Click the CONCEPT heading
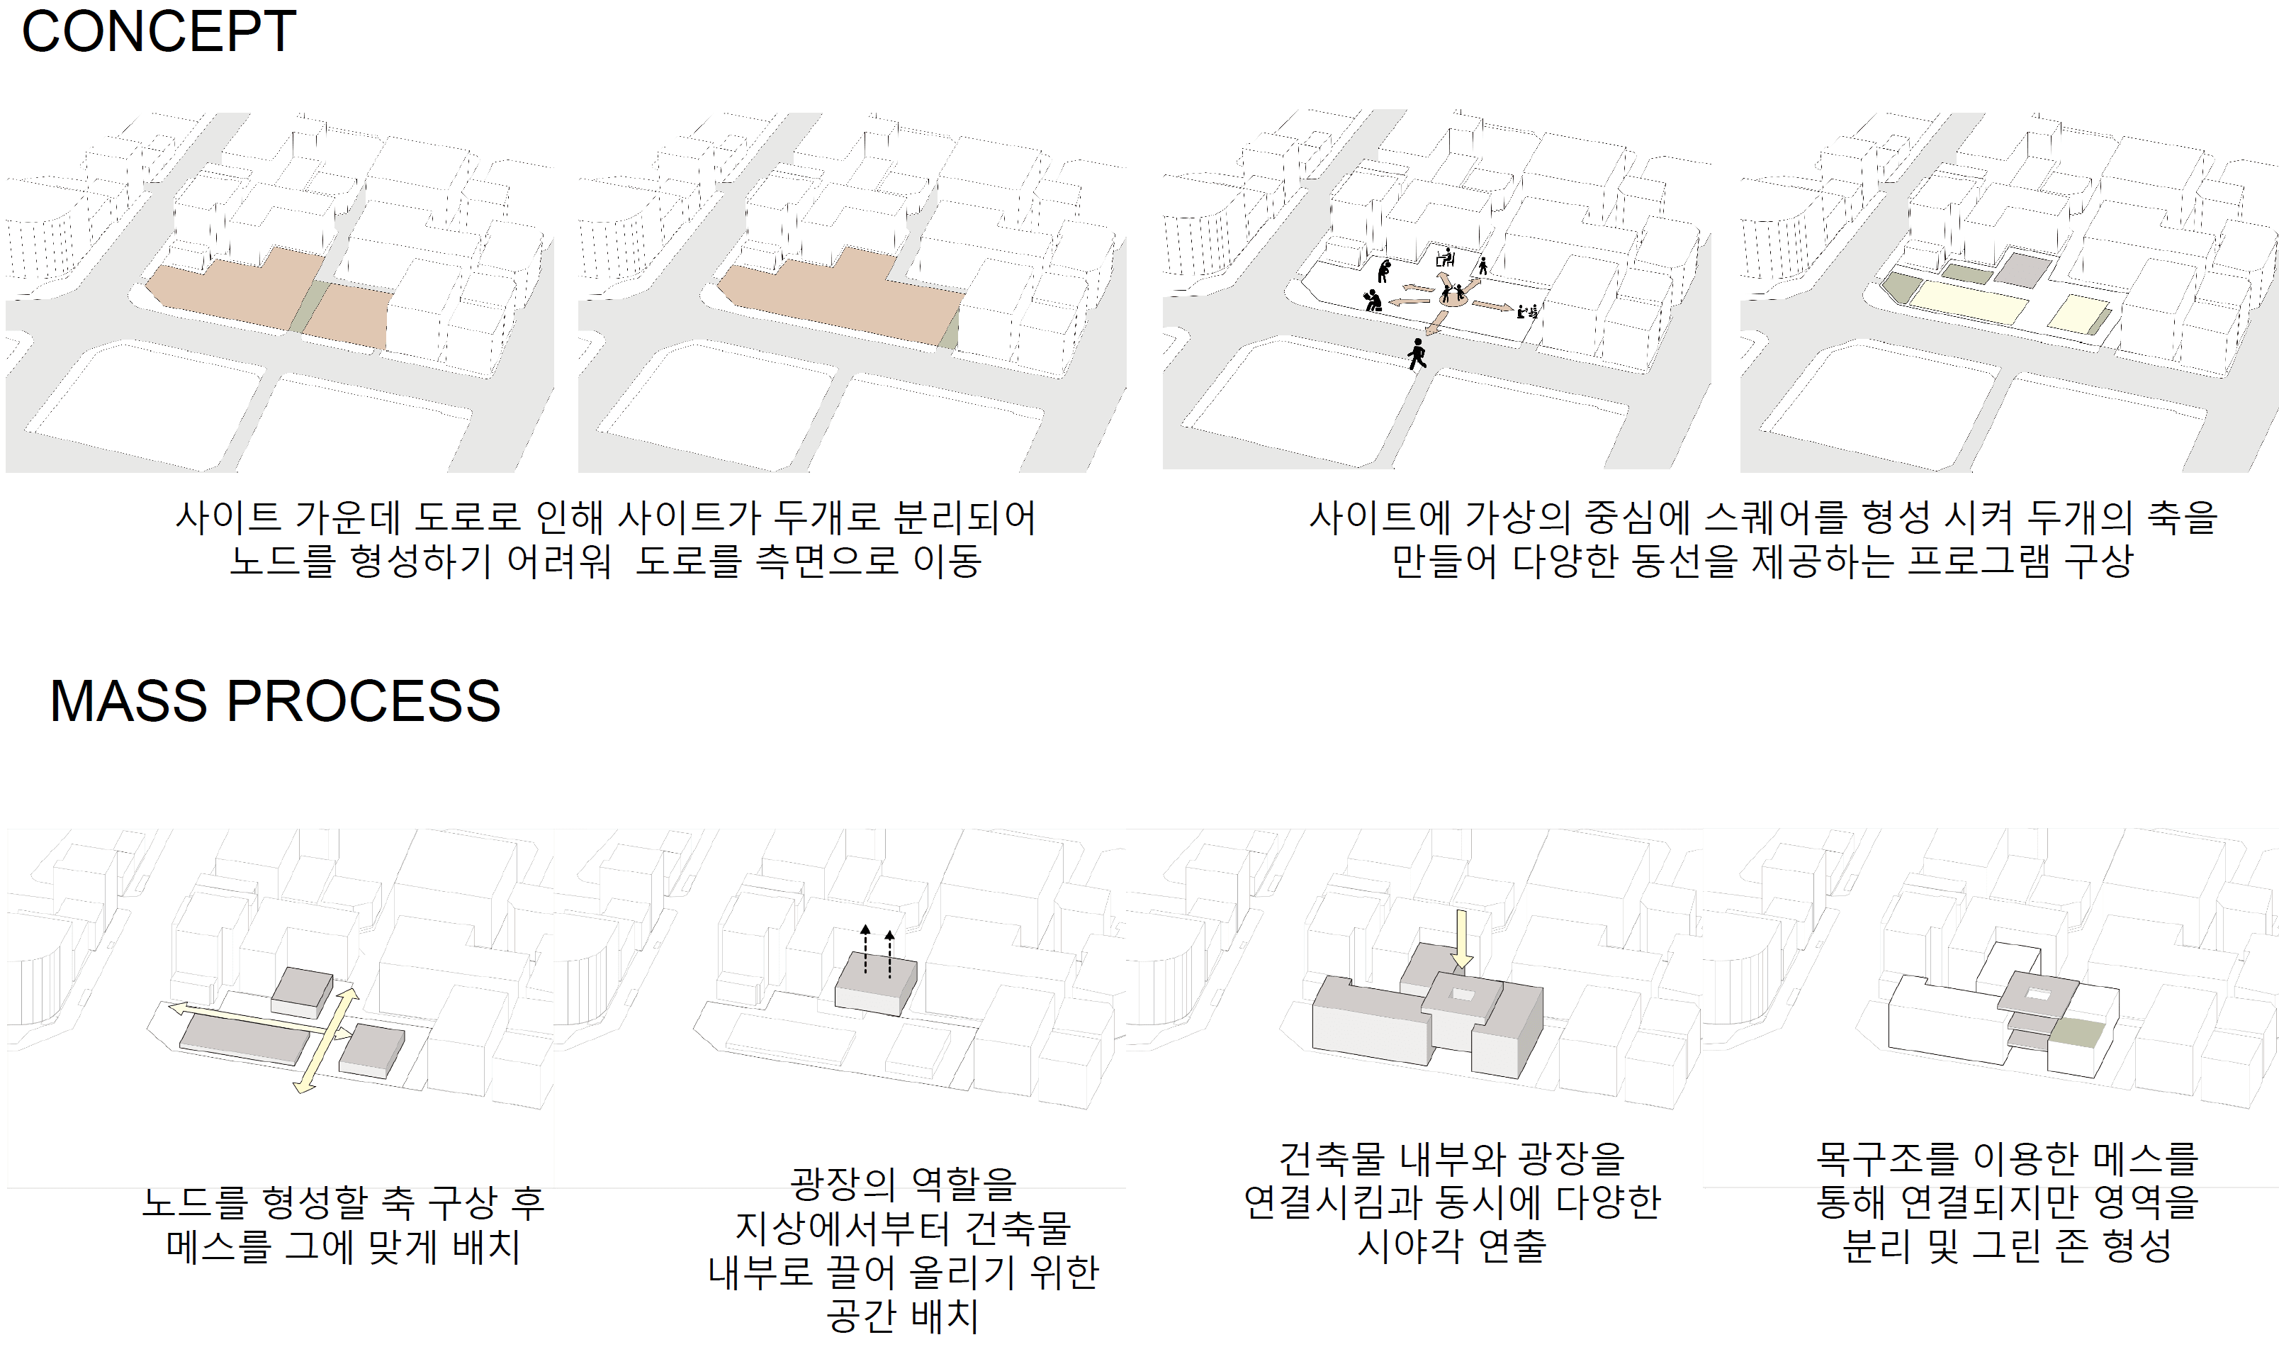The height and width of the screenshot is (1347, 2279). click(159, 32)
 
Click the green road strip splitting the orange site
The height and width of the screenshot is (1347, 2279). click(311, 307)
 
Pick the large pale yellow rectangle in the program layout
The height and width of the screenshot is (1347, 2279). click(1965, 302)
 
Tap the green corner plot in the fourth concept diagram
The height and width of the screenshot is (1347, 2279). click(1900, 288)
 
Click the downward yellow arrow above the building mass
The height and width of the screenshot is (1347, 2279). click(1461, 939)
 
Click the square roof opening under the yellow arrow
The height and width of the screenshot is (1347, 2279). click(1463, 995)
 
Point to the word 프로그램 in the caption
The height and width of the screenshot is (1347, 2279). click(1978, 561)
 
